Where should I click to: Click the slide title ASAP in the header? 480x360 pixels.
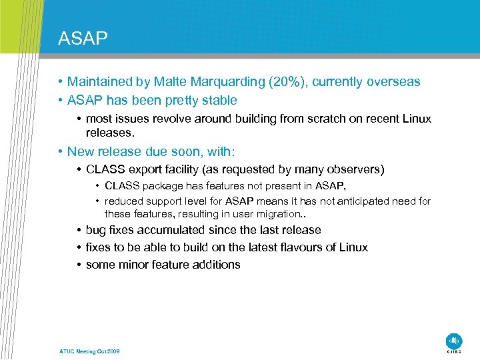pos(83,39)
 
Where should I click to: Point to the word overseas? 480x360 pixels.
pos(392,82)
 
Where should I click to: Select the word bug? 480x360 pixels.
pos(96,230)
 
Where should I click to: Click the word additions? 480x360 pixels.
pos(216,265)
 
